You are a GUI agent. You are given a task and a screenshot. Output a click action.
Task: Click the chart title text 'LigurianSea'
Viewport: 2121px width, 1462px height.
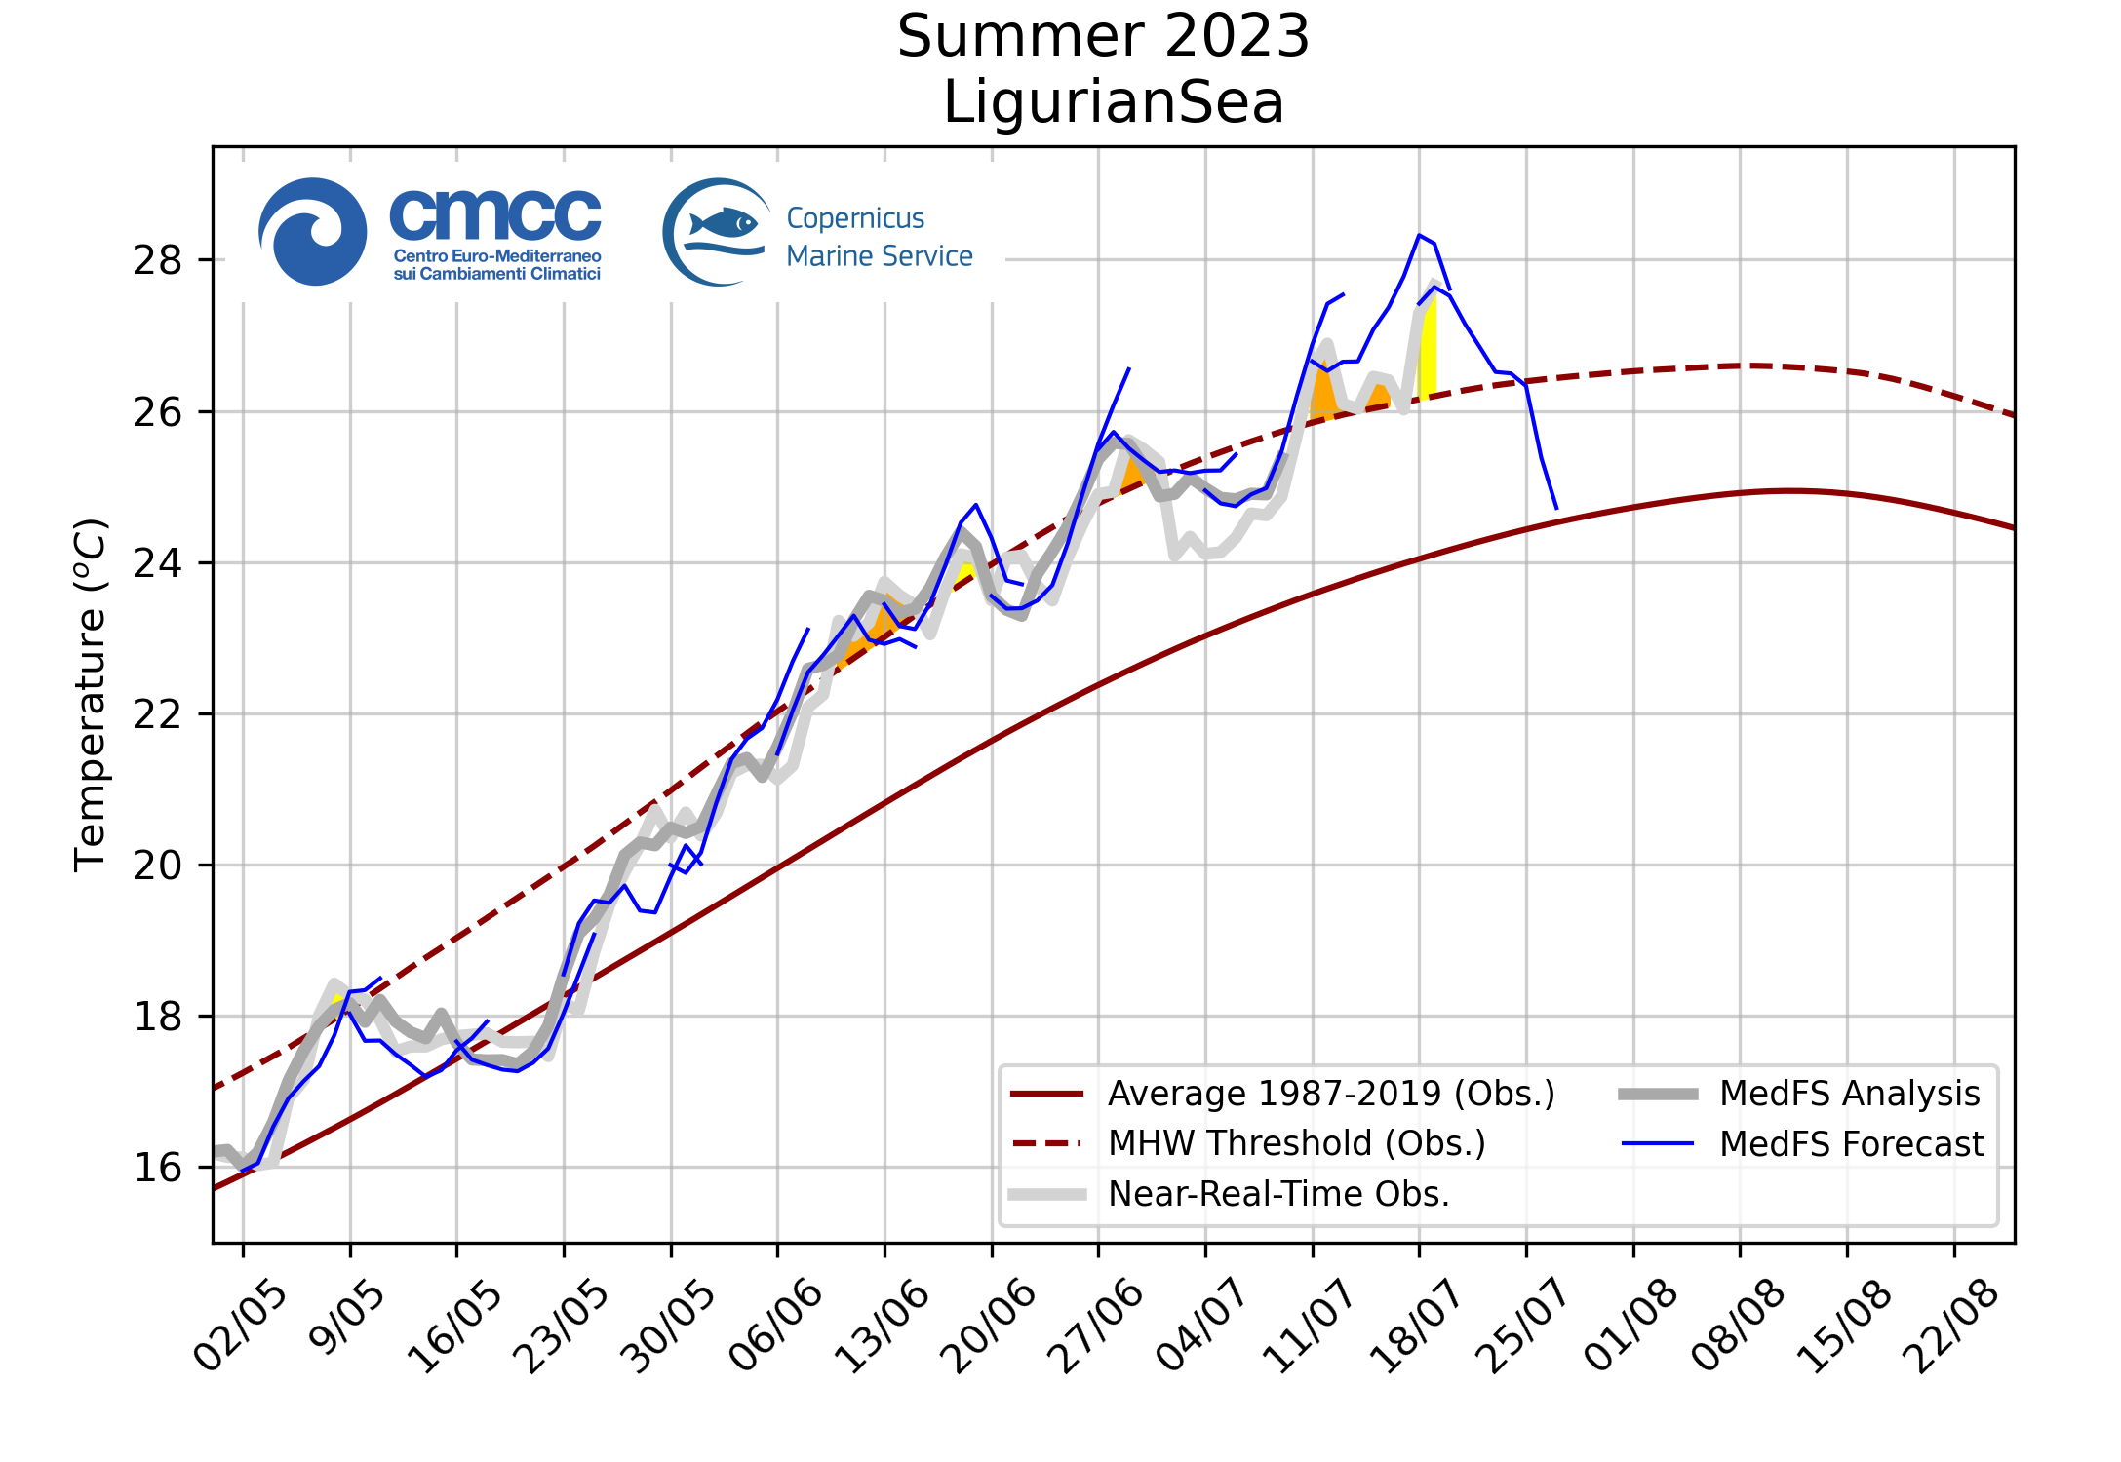coord(1113,102)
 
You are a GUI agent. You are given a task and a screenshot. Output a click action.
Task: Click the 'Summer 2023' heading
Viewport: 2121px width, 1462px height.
coord(1103,37)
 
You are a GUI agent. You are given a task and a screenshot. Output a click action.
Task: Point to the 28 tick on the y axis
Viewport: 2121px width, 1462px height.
coord(158,260)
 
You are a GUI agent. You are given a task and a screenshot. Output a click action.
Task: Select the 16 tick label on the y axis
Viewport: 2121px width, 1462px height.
coord(158,1168)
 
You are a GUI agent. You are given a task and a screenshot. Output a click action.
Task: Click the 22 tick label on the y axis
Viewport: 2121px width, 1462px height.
coord(158,714)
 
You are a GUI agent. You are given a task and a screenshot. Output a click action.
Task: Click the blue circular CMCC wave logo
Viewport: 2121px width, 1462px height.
coord(313,232)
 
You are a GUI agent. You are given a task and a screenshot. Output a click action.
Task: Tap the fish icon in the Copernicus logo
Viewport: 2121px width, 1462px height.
coord(724,223)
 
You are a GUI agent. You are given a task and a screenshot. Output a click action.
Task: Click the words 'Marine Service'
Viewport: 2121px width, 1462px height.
coord(880,256)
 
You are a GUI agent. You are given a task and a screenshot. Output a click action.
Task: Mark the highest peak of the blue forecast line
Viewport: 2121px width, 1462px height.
coord(1420,235)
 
